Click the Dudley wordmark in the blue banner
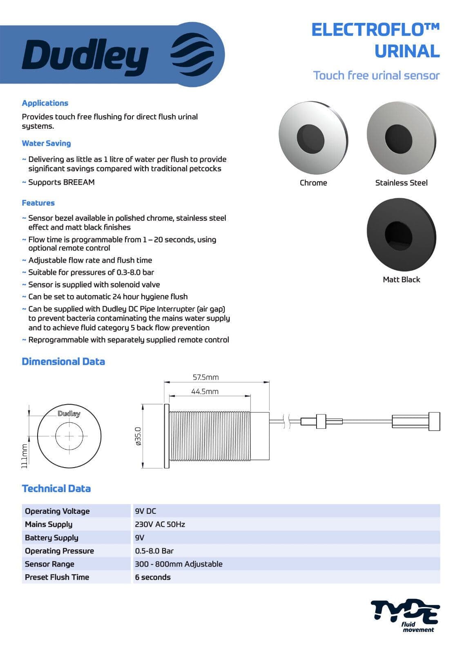85,57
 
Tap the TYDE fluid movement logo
405,615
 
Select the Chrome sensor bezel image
313,136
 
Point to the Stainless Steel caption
401,183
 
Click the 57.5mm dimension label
205,377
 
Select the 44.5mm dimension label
205,391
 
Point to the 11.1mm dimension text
25,455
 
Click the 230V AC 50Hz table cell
160,524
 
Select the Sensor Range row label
49,564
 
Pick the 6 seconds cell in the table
153,577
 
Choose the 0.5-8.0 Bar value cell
154,551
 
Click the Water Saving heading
46,143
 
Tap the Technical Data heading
56,488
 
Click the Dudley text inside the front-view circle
69,413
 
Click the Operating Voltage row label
57,511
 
